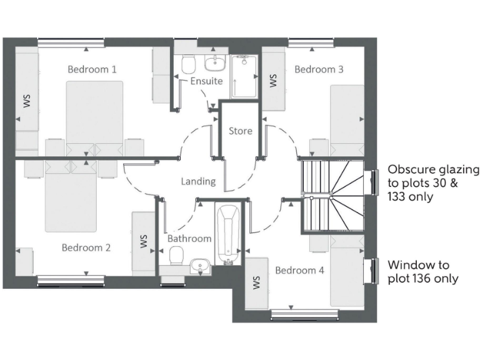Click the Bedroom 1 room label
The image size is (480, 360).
92,69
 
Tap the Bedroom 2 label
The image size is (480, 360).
86,247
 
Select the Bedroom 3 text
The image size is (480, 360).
319,69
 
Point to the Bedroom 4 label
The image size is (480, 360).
300,270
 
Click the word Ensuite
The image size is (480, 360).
206,81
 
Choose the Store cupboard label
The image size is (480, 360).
241,131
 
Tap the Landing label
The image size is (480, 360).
198,181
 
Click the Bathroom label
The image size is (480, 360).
189,238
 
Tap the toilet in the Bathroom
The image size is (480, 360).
176,255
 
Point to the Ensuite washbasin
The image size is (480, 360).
215,62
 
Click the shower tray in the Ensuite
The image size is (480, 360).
244,76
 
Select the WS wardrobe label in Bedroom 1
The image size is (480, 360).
27,101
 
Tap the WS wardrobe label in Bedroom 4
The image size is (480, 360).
256,283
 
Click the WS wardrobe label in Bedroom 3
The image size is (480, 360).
272,81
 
